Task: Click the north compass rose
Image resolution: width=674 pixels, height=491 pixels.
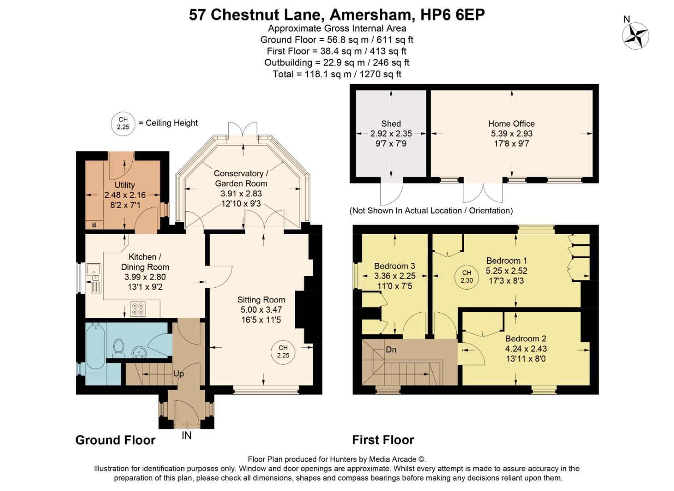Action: click(635, 35)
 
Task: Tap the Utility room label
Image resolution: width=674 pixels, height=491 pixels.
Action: click(125, 185)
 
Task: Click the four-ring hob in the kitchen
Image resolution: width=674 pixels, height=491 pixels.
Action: click(138, 309)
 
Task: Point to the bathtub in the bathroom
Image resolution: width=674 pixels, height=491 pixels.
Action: click(96, 346)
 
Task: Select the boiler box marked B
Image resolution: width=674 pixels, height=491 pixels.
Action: click(95, 225)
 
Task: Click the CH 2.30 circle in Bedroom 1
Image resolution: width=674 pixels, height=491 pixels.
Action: click(467, 276)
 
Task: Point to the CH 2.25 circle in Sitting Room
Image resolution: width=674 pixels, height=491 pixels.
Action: click(283, 351)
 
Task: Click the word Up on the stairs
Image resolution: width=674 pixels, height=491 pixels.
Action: click(178, 374)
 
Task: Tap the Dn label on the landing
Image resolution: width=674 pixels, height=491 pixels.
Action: click(391, 350)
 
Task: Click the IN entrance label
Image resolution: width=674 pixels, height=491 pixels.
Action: click(186, 436)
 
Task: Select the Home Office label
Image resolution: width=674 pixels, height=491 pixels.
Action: click(511, 124)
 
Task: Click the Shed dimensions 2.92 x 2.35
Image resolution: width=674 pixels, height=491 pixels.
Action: click(391, 134)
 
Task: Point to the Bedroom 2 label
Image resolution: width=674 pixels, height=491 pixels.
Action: click(526, 339)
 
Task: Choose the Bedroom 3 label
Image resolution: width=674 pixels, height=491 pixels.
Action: click(394, 266)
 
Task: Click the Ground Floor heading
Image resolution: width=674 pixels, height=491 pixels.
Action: click(115, 440)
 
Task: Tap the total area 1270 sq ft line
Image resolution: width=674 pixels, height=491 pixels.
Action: click(337, 74)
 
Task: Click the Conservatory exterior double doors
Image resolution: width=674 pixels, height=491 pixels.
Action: click(243, 130)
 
